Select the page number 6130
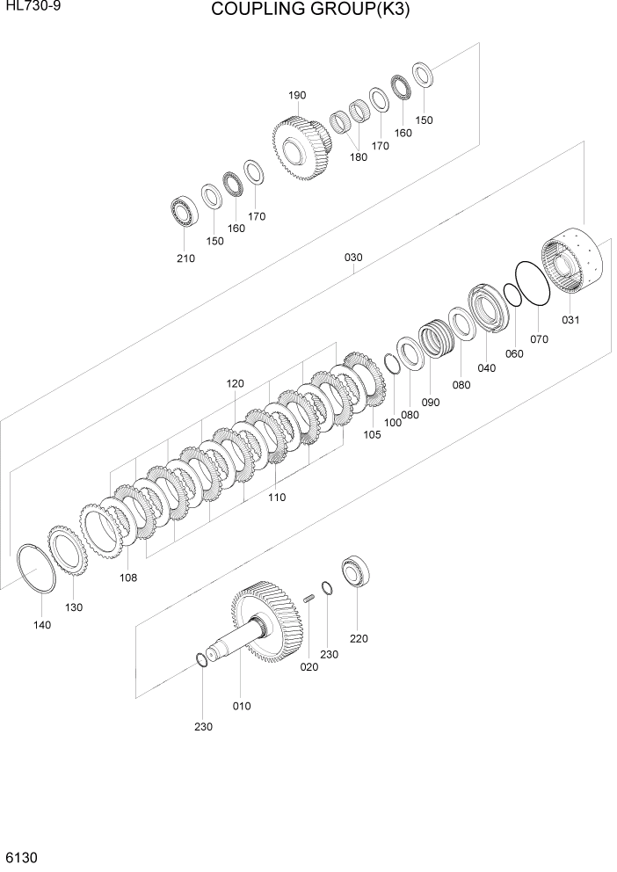point(20,855)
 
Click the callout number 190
point(296,96)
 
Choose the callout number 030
point(353,258)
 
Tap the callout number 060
point(514,353)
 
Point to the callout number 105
point(372,434)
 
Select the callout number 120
point(235,383)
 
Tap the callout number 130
point(73,607)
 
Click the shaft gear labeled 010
point(264,626)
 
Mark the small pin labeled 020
point(308,599)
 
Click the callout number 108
point(127,578)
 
